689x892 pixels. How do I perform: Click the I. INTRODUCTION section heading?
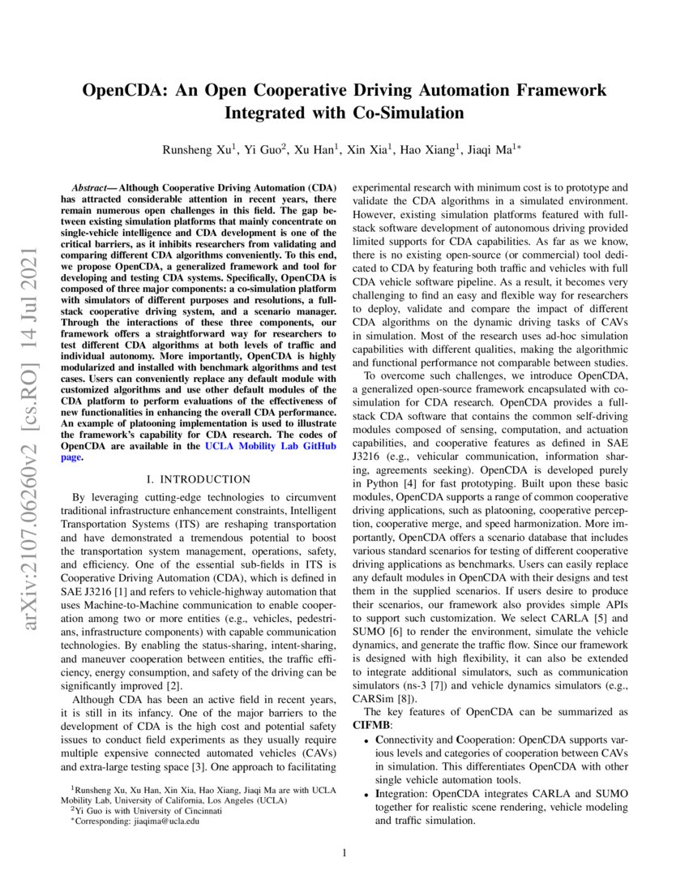[199, 479]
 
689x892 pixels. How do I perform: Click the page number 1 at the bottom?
[344, 852]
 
